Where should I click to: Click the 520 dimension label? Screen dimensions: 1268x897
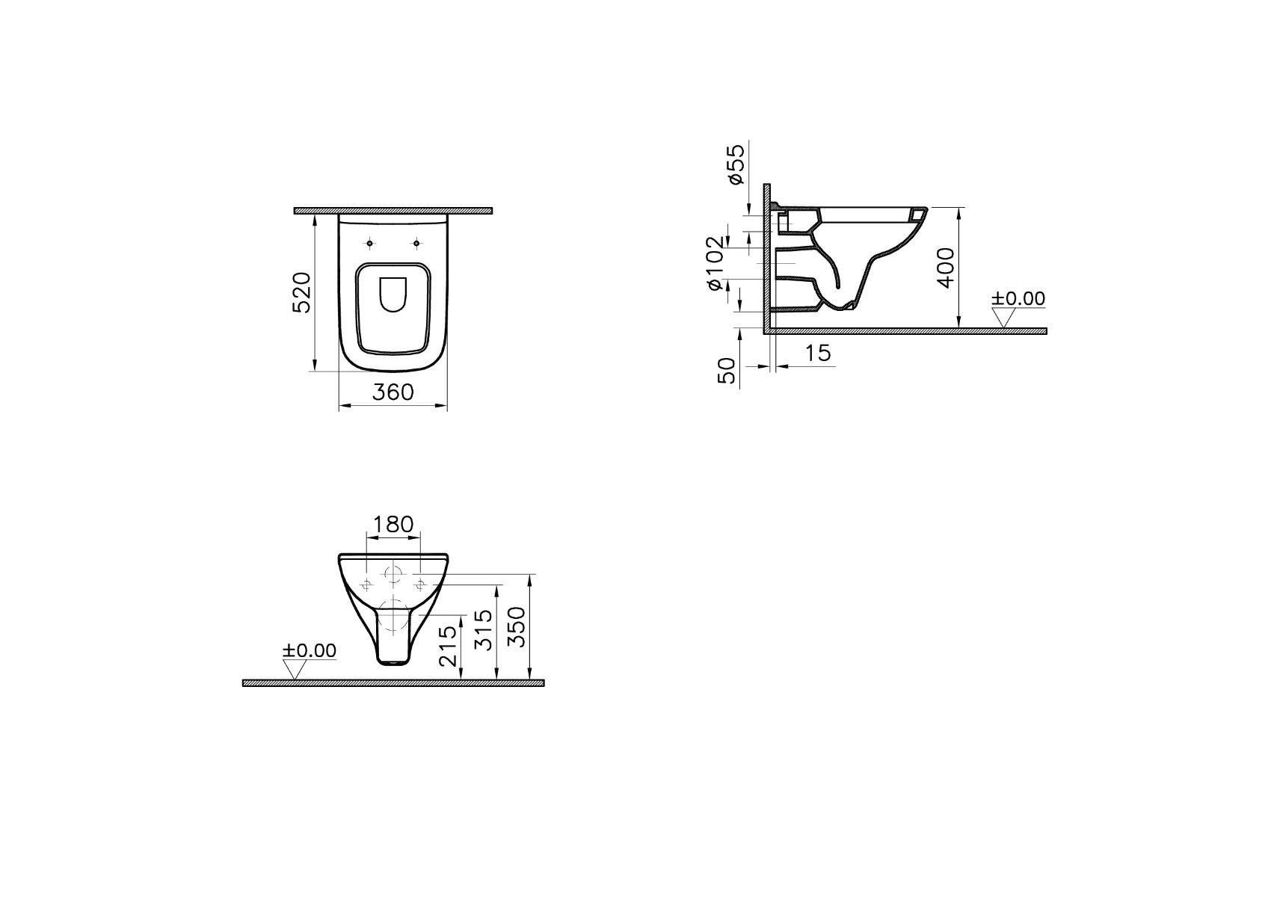302,292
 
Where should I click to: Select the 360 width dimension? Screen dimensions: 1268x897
393,392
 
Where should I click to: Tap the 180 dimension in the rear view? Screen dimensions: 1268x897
393,525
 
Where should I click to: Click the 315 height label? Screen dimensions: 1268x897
483,630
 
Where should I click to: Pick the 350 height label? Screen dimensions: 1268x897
517,626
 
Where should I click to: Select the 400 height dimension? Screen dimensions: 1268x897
945,268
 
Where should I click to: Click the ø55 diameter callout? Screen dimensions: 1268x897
736,164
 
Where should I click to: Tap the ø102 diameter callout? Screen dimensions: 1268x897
715,263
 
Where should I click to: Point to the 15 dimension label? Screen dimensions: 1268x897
818,353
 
